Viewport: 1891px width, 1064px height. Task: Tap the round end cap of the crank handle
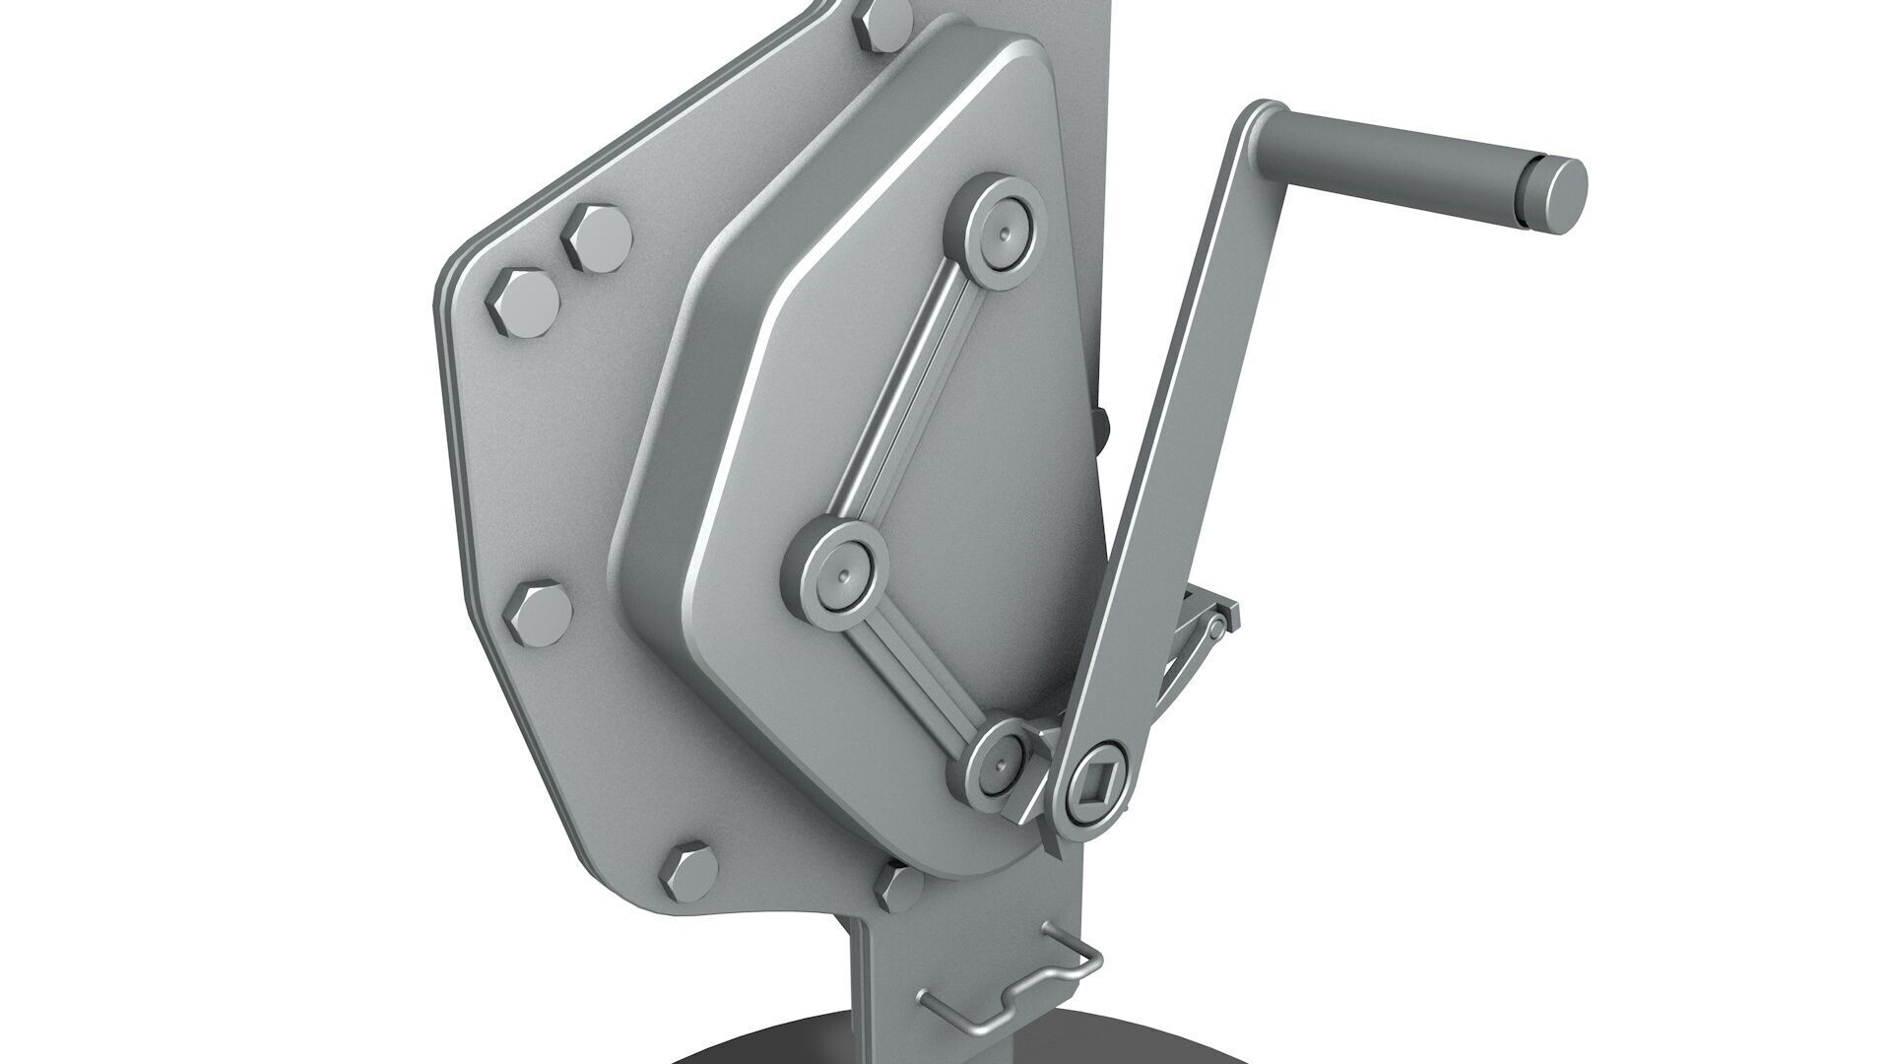click(1559, 195)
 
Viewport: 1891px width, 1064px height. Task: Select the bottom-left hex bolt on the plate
click(688, 873)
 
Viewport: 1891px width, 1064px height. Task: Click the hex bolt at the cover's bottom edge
click(898, 885)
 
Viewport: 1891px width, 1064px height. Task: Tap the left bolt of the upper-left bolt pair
click(522, 302)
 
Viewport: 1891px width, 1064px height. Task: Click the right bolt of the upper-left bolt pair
click(596, 238)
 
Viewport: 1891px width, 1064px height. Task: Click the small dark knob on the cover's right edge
click(1104, 424)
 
